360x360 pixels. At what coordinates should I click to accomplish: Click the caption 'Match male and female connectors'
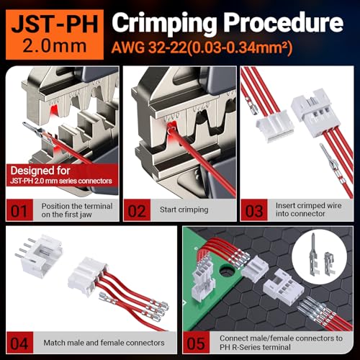pos(104,342)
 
